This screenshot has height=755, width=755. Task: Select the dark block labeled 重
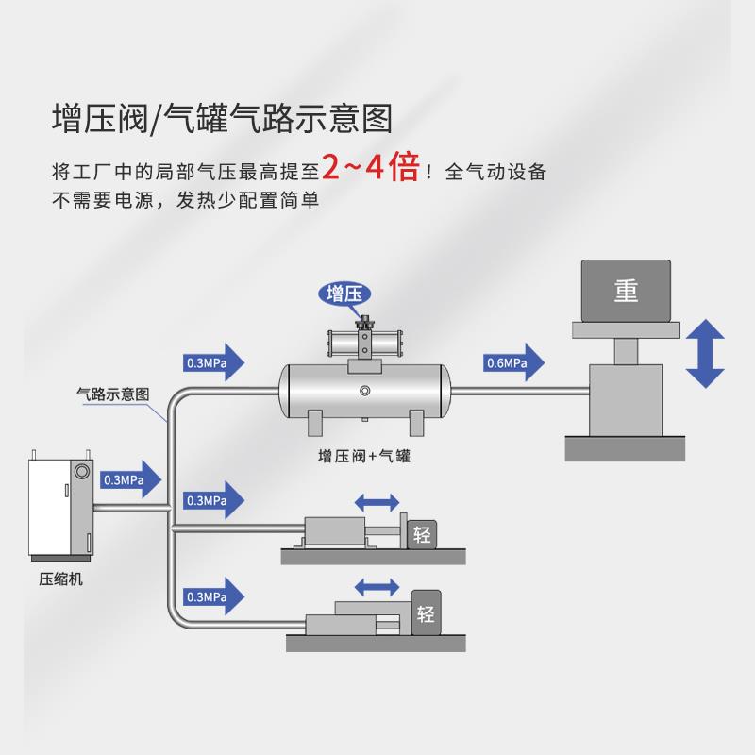626,291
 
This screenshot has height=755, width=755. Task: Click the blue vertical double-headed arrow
705,354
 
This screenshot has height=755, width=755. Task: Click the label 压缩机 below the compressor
60,579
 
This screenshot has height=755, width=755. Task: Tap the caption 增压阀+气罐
366,456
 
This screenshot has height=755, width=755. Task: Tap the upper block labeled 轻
421,535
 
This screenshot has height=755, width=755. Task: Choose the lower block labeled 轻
425,614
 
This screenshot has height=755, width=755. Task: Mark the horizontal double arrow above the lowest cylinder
379,586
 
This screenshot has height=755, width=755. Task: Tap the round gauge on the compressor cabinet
81,469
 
